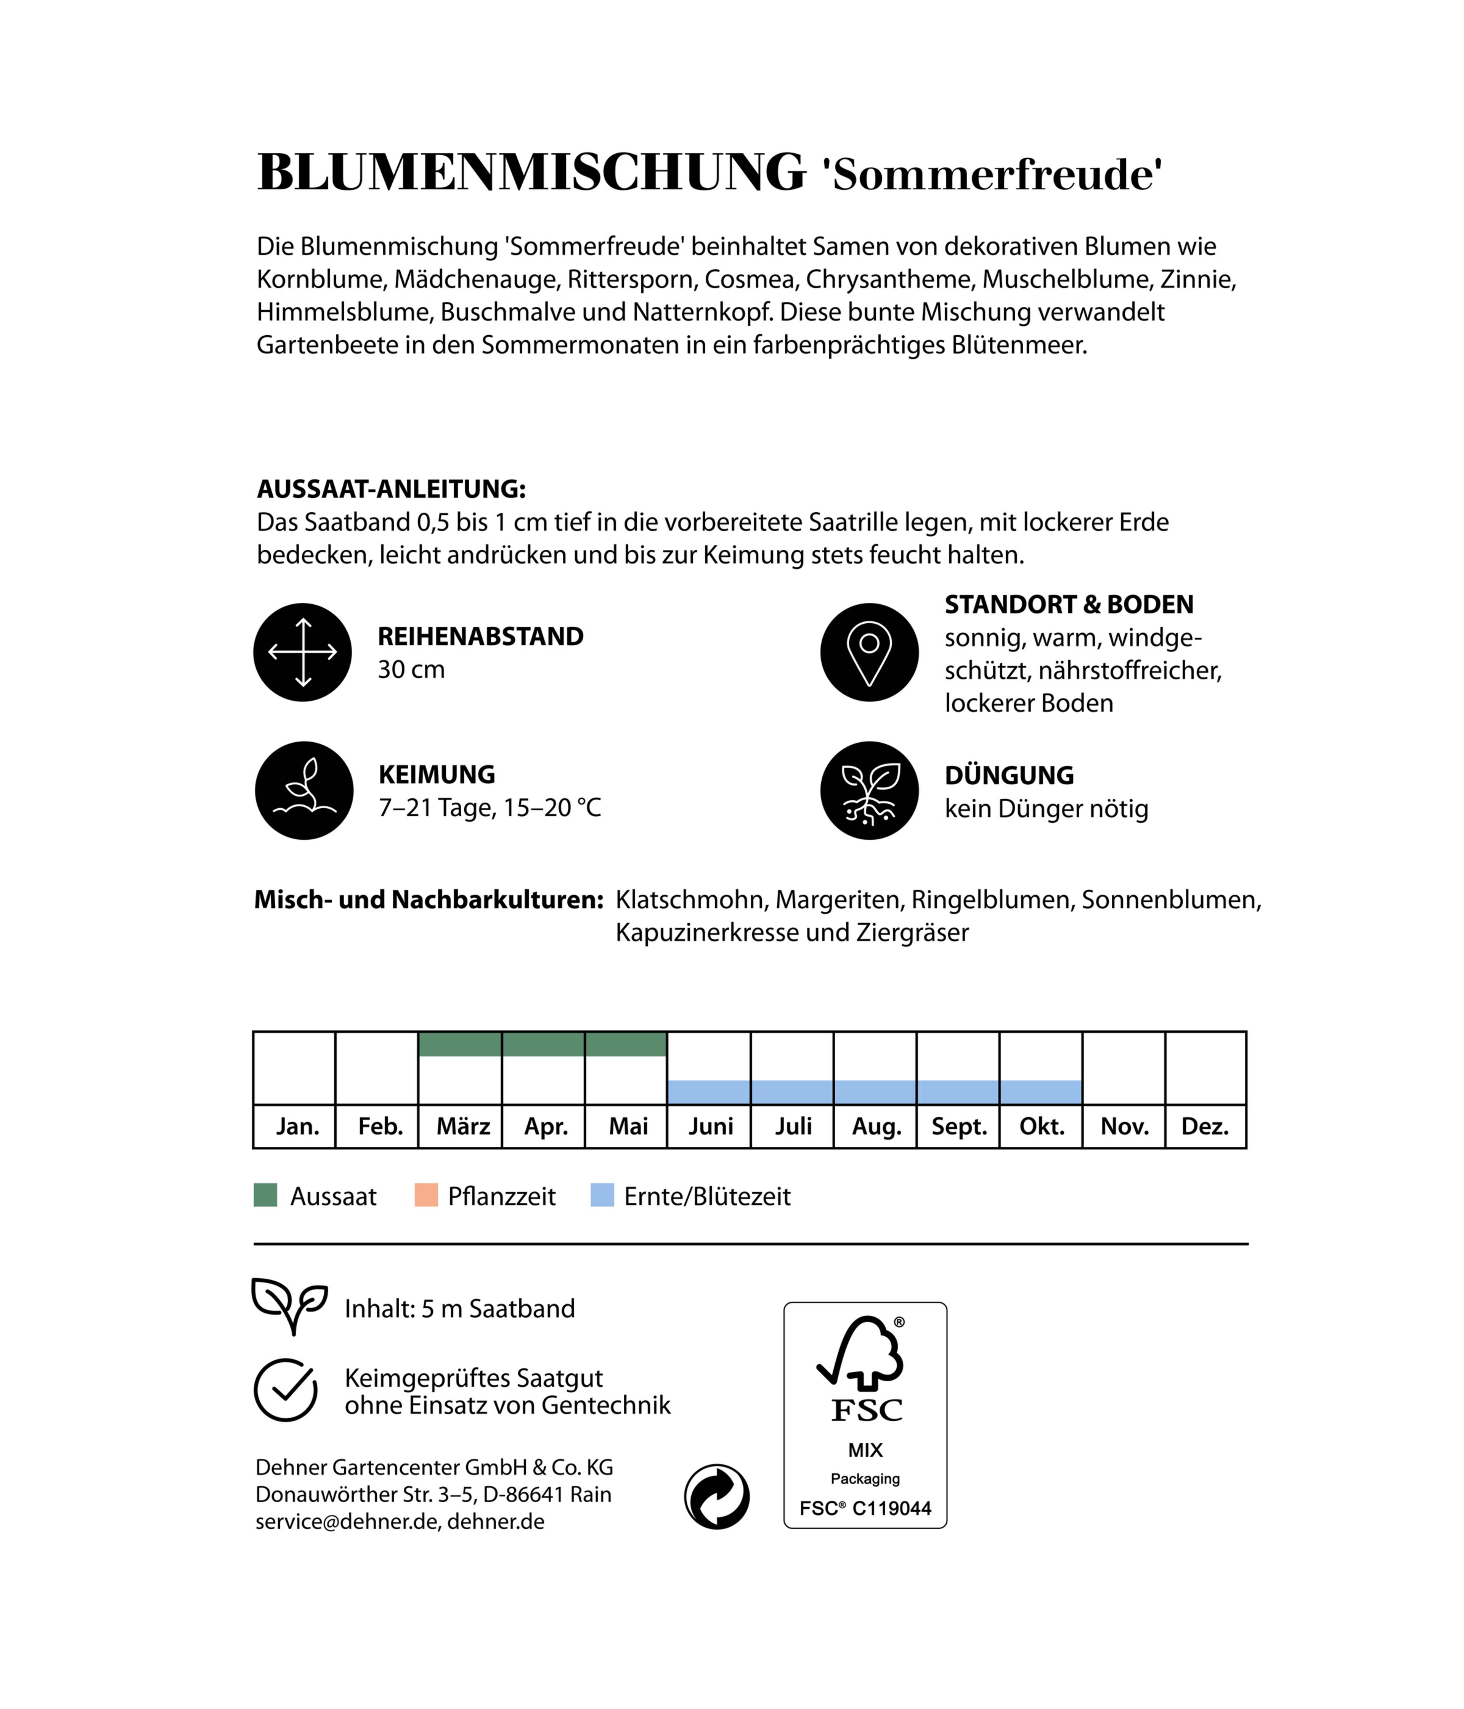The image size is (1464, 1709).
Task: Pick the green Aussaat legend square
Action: coord(265,1195)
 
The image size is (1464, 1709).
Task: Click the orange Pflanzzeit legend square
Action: coord(425,1195)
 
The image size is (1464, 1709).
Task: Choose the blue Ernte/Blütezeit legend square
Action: coord(602,1195)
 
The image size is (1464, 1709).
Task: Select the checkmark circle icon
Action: coord(285,1390)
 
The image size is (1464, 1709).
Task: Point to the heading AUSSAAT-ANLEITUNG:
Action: coord(391,489)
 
